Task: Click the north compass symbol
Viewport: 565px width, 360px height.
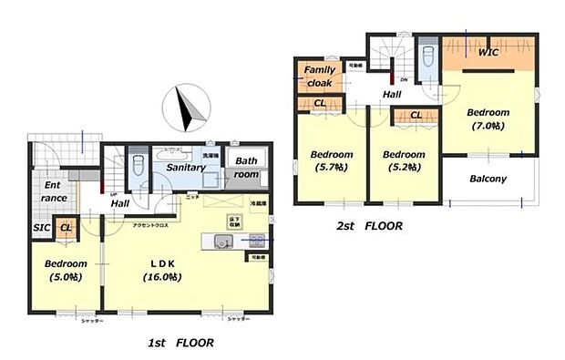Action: [x=186, y=110]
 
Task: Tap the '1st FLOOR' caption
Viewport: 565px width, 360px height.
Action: [x=180, y=344]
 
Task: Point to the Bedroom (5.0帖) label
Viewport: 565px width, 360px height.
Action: [x=66, y=270]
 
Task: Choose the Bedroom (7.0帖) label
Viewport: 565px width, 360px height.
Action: [x=488, y=118]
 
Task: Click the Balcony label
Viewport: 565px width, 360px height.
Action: [x=488, y=179]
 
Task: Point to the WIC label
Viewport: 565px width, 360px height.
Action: [x=488, y=53]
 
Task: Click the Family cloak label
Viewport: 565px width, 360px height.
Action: [x=320, y=76]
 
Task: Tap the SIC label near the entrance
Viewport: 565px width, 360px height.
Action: [x=42, y=227]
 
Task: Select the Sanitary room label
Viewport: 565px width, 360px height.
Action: [x=184, y=168]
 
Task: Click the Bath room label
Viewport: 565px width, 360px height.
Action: [x=246, y=167]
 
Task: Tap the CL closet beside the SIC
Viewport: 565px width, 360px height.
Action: [x=67, y=228]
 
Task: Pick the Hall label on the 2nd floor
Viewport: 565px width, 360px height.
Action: [x=392, y=94]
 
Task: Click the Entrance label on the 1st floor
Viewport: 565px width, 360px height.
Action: [x=53, y=191]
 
